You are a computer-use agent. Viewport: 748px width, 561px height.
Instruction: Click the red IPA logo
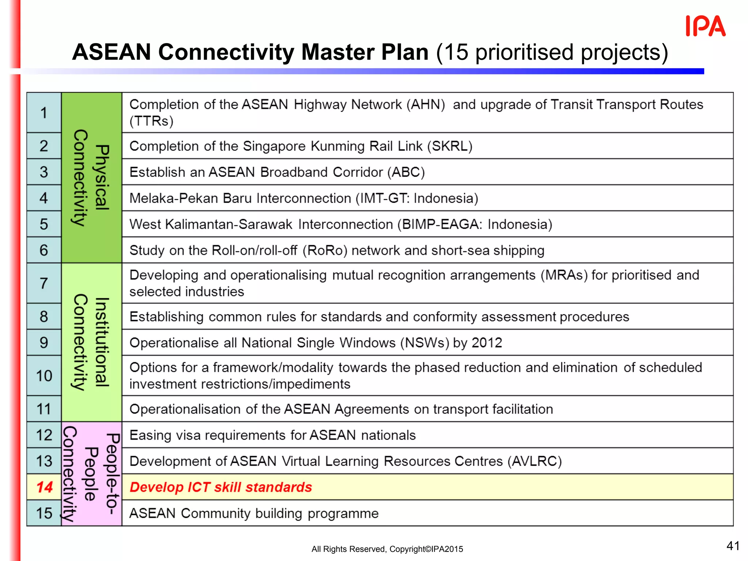pos(705,26)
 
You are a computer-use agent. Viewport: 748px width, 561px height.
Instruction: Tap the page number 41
pos(733,546)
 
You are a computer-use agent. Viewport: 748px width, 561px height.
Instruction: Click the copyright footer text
pos(387,549)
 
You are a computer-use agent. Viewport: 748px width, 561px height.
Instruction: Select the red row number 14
pos(44,487)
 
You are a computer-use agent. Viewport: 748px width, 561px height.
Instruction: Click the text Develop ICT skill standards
pos(221,487)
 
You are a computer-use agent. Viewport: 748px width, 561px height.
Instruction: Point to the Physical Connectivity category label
pos(91,178)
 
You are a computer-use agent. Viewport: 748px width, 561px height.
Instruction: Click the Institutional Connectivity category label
pos(91,342)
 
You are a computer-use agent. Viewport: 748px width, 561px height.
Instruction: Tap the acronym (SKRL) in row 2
pos(452,146)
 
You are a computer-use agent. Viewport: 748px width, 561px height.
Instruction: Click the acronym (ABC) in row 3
pos(406,172)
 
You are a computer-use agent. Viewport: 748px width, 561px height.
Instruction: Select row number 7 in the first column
pos(44,283)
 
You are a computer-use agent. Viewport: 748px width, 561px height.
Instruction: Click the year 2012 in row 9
pos(487,343)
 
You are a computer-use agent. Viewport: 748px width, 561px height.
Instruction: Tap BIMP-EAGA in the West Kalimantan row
pos(441,224)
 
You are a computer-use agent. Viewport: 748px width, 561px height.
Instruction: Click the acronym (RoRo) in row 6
pos(325,251)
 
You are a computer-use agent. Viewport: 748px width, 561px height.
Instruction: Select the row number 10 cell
pos(44,376)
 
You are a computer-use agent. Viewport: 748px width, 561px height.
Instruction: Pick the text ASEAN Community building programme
pos(254,514)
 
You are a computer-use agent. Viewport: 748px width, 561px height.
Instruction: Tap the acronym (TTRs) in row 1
pos(151,121)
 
